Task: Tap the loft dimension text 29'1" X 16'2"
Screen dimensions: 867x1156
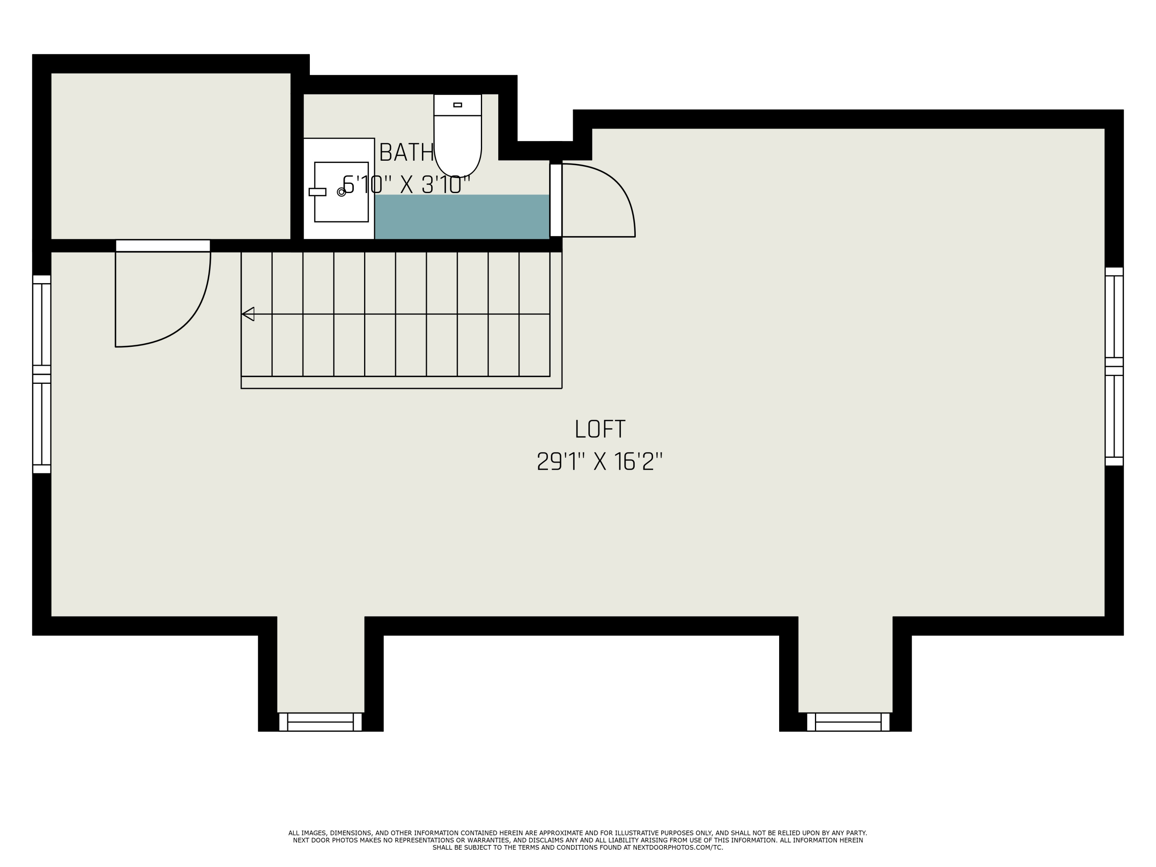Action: point(600,462)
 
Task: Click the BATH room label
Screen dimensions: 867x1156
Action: point(406,153)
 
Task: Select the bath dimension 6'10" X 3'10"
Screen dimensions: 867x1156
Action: point(406,185)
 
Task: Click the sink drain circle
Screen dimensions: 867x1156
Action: point(341,192)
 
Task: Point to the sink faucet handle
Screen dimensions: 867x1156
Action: point(317,192)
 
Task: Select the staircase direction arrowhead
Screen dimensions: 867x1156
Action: point(248,314)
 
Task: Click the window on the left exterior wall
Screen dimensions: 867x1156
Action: point(42,374)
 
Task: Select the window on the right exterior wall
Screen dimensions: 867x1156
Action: point(1114,366)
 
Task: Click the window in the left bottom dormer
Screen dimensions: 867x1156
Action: point(320,722)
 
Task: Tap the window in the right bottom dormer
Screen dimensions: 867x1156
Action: point(848,722)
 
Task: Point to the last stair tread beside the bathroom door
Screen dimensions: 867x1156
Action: point(534,314)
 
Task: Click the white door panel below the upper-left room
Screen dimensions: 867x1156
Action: point(163,245)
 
